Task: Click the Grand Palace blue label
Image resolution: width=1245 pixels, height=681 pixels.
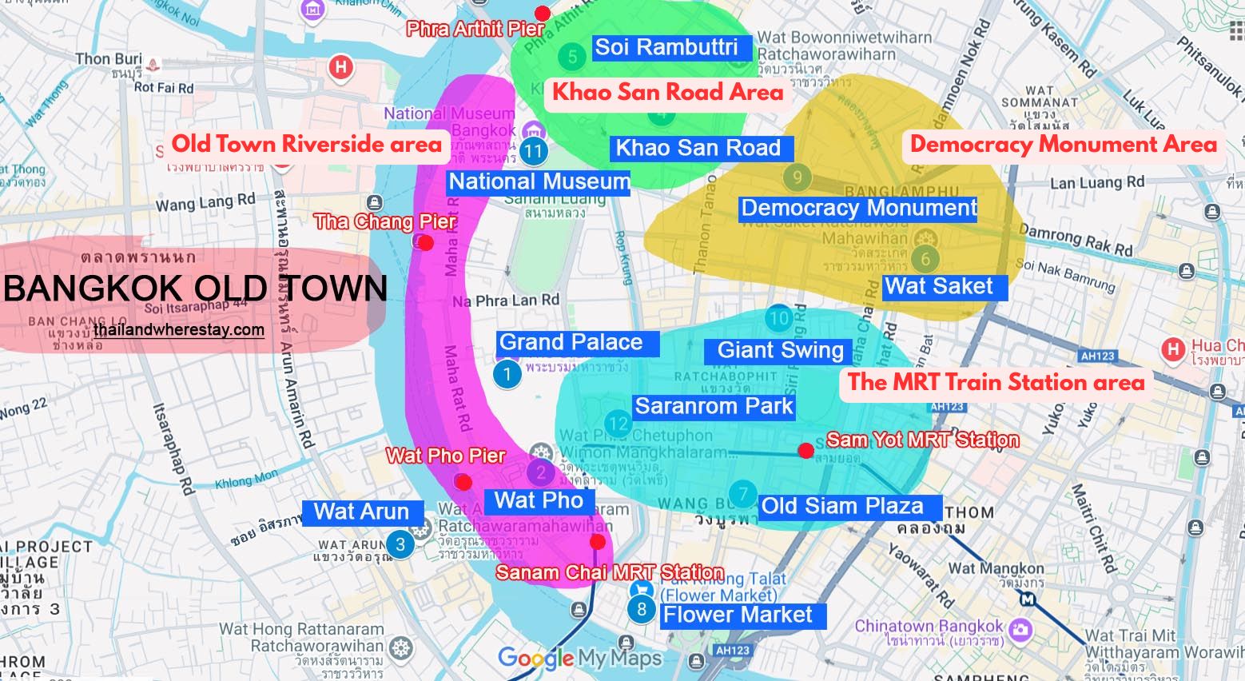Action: pyautogui.click(x=578, y=343)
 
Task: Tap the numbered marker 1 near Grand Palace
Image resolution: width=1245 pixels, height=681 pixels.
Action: pyautogui.click(x=507, y=373)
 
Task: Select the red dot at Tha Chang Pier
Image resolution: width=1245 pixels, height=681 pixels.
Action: pyautogui.click(x=426, y=242)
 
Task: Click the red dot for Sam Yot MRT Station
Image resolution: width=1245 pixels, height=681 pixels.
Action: pyautogui.click(x=805, y=451)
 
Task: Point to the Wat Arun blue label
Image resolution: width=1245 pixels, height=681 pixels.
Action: pyautogui.click(x=361, y=512)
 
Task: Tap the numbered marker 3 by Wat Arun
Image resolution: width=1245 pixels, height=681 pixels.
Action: pyautogui.click(x=400, y=545)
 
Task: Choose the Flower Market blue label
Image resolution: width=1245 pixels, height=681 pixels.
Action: pyautogui.click(x=738, y=615)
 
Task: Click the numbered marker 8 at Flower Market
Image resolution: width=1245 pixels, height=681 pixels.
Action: pyautogui.click(x=641, y=610)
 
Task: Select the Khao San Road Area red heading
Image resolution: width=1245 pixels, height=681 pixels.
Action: pyautogui.click(x=667, y=93)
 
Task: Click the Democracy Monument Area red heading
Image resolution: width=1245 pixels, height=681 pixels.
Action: pyautogui.click(x=1064, y=145)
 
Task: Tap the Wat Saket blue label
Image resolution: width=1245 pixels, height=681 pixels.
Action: pyautogui.click(x=939, y=286)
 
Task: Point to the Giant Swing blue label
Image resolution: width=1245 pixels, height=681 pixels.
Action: pyautogui.click(x=780, y=350)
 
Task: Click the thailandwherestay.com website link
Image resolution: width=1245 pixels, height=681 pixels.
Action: pyautogui.click(x=178, y=330)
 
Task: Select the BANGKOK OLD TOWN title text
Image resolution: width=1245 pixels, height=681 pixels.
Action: pyautogui.click(x=195, y=289)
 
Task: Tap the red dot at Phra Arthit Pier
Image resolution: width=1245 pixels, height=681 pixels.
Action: pyautogui.click(x=543, y=13)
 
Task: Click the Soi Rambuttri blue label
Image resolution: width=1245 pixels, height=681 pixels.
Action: pyautogui.click(x=666, y=47)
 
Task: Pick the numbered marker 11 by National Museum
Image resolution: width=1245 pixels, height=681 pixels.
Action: pyautogui.click(x=533, y=150)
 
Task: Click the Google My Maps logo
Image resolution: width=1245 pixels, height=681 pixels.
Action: pyautogui.click(x=579, y=658)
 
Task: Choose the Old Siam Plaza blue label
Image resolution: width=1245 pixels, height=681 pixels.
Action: pyautogui.click(x=841, y=506)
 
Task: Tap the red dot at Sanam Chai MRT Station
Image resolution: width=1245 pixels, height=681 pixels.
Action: pyautogui.click(x=597, y=542)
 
